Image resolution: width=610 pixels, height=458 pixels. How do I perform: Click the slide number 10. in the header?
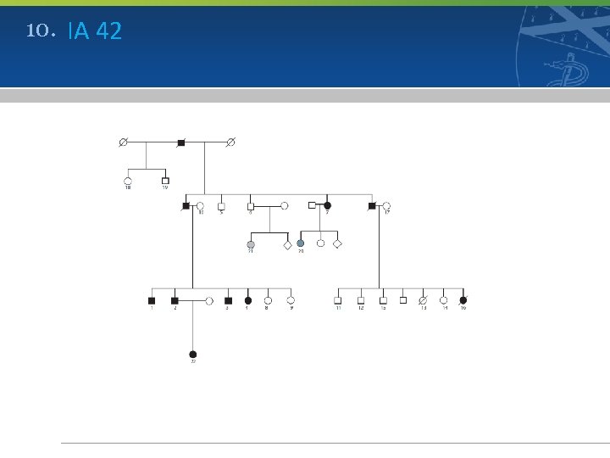tap(41, 31)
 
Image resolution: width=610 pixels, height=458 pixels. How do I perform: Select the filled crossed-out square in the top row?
tap(180, 142)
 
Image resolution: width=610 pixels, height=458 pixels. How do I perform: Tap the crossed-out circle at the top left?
tap(124, 142)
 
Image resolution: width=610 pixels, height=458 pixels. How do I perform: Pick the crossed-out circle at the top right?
tap(230, 142)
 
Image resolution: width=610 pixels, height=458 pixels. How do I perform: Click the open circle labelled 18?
tap(128, 181)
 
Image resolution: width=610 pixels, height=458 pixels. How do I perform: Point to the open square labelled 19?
tap(165, 181)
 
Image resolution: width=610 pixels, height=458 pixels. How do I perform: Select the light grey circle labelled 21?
tap(251, 244)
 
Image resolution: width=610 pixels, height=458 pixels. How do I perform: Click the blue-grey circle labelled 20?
tap(300, 244)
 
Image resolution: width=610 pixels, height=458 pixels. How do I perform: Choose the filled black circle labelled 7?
tap(328, 205)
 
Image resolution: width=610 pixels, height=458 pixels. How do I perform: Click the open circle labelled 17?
tap(386, 205)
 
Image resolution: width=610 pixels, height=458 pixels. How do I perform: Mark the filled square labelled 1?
tap(152, 300)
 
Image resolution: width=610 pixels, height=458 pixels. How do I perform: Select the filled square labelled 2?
tap(175, 300)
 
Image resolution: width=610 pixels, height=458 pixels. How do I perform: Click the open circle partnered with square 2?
tap(209, 300)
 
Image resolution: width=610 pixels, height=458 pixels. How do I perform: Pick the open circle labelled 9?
tap(291, 300)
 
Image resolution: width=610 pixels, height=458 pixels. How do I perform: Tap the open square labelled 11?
tap(337, 300)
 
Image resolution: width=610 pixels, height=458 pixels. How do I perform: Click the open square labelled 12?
tap(360, 300)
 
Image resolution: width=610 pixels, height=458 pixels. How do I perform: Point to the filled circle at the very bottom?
tap(193, 354)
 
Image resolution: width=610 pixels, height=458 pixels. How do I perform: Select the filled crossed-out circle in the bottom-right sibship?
tap(463, 300)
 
